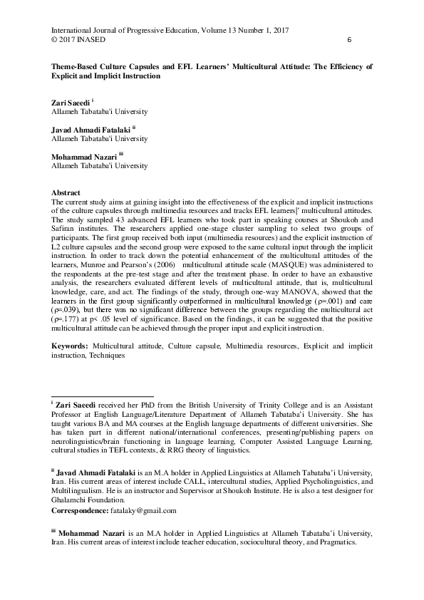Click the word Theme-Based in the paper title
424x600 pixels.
tap(76, 66)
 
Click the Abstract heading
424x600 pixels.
tap(66, 193)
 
